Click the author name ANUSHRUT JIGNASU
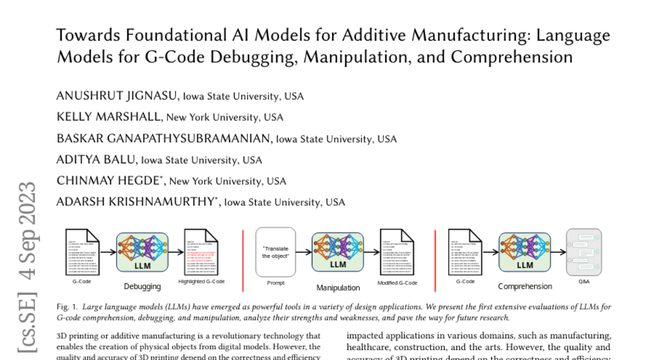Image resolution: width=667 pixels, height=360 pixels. [x=117, y=96]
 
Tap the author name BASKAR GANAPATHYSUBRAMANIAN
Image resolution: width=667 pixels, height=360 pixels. [x=164, y=138]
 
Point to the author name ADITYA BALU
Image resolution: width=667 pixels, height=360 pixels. [x=96, y=160]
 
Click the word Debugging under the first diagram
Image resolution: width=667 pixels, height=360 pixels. [x=142, y=287]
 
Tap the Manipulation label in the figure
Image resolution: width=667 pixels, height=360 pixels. [x=338, y=288]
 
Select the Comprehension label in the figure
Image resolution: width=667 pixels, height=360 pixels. [x=525, y=287]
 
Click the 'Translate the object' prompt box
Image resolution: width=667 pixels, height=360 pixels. [x=276, y=252]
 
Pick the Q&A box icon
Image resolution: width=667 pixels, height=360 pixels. [x=584, y=252]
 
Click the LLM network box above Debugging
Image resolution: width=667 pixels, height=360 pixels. [x=142, y=252]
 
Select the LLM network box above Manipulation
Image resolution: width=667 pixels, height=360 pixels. [x=338, y=252]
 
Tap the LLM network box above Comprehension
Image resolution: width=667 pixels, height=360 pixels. [x=525, y=252]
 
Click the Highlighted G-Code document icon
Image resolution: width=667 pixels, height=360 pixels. [x=201, y=253]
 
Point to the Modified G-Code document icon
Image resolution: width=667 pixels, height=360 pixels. [x=397, y=253]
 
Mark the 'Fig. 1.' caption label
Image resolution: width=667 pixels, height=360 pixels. [x=67, y=307]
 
